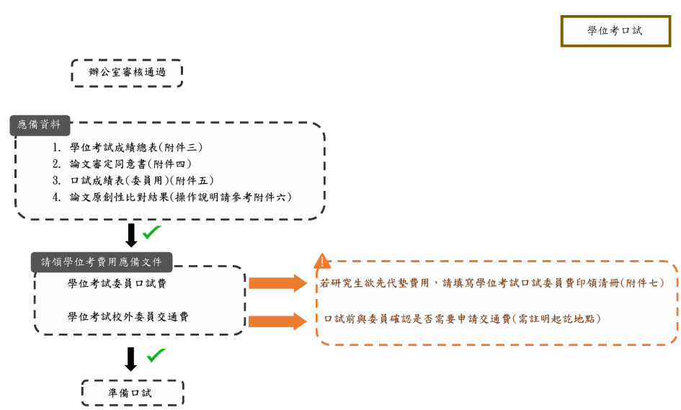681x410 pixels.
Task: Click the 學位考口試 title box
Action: pyautogui.click(x=615, y=31)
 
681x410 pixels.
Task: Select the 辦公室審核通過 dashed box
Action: pyautogui.click(x=127, y=73)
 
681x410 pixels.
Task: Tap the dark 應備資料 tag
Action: pyautogui.click(x=40, y=125)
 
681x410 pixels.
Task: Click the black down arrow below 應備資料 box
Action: pyautogui.click(x=131, y=235)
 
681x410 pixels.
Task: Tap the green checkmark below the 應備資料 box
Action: pyautogui.click(x=151, y=232)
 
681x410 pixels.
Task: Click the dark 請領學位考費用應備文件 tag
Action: pyautogui.click(x=102, y=262)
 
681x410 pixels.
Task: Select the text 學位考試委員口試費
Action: pyautogui.click(x=117, y=284)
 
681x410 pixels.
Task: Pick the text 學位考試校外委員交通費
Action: pyautogui.click(x=128, y=317)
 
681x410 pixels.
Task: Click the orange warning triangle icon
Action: pyautogui.click(x=322, y=262)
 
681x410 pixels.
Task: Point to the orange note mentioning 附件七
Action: pyautogui.click(x=493, y=284)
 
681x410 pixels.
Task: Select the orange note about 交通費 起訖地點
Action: pyautogui.click(x=462, y=318)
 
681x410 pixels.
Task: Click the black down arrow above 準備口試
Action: pyautogui.click(x=130, y=359)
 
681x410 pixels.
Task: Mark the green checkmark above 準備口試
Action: pyautogui.click(x=156, y=355)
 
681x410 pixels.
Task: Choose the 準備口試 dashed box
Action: pyautogui.click(x=132, y=393)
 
